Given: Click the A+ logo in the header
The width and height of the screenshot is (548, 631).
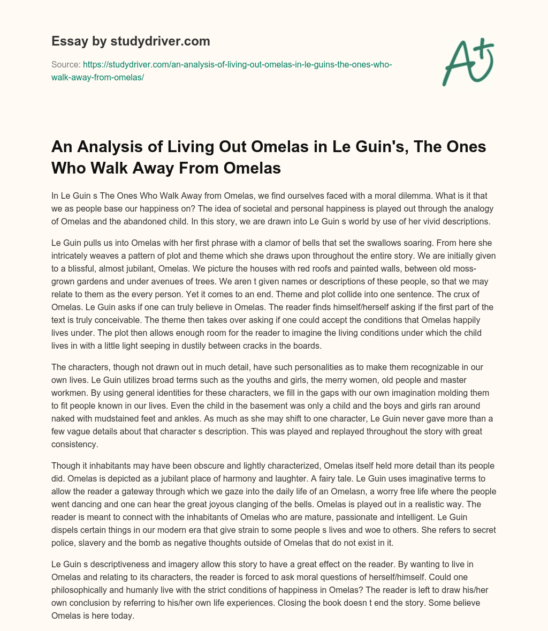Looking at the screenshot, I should pyautogui.click(x=467, y=63).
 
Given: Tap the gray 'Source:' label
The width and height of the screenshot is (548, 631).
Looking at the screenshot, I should pyautogui.click(x=65, y=64).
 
